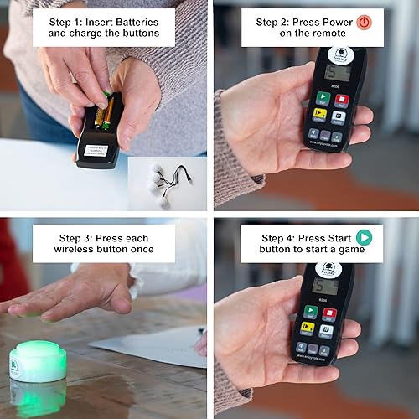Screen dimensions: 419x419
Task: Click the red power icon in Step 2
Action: tap(364, 23)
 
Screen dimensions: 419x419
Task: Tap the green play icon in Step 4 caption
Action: tap(364, 237)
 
